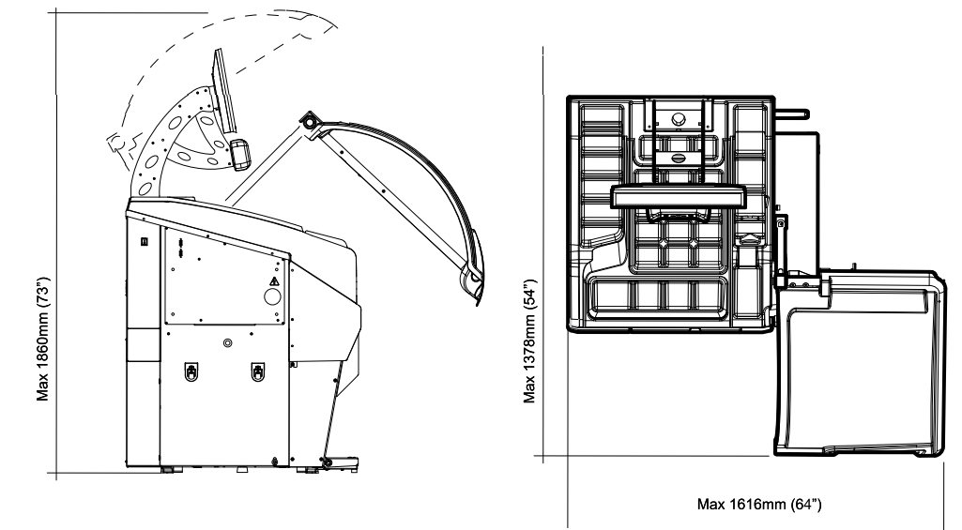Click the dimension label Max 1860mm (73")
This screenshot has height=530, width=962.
coord(42,340)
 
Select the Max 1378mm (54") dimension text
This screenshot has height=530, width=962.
coord(529,341)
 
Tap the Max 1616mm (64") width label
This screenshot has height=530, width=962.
coord(759,505)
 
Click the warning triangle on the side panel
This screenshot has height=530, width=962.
coord(274,281)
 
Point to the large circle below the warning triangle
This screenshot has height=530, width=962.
coord(272,297)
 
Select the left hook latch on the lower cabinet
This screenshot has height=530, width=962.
coord(191,371)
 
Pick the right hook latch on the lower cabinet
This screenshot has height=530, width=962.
coord(258,371)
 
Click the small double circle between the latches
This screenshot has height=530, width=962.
coord(228,343)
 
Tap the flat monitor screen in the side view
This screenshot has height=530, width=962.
coord(224,91)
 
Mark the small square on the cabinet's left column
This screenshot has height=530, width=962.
coord(145,241)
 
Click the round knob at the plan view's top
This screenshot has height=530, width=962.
coord(678,118)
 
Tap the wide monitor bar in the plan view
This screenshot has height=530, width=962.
coord(679,196)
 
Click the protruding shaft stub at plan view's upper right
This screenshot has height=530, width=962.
coord(792,114)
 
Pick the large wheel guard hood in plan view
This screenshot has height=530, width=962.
coord(859,364)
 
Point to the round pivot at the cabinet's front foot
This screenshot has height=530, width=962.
coord(327,462)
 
